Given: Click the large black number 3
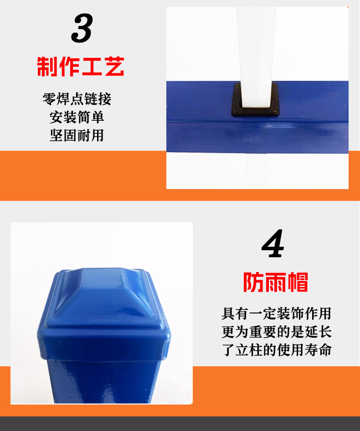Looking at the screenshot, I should click(82, 29).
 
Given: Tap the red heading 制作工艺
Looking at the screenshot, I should click(81, 67).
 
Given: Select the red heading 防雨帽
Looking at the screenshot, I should click(275, 282).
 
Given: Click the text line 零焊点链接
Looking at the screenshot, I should click(77, 99).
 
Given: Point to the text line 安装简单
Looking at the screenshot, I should click(77, 117).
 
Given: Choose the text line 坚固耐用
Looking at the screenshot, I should click(77, 135).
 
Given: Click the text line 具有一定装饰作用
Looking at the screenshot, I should click(276, 313).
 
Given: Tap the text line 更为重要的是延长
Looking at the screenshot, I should click(276, 332).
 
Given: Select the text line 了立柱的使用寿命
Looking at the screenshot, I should click(276, 350).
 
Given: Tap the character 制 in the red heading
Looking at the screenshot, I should click(48, 67).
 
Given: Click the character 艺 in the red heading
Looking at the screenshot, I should click(113, 67).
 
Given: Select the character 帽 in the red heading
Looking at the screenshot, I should click(298, 282).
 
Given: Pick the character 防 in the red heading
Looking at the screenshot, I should click(253, 282).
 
